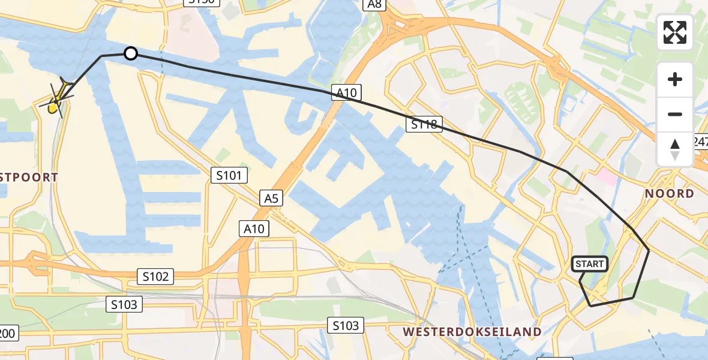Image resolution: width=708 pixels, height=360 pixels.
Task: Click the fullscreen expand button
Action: coord(675,32)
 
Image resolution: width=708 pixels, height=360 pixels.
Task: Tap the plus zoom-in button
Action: coord(675,79)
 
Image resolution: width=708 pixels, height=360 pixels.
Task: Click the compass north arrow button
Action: coord(675,149)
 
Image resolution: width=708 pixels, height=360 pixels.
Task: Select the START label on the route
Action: coord(590,264)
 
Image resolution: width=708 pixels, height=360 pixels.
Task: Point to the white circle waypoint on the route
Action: coord(131,54)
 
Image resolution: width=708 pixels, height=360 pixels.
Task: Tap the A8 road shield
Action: coord(374,4)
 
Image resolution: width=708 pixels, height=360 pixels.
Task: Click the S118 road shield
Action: coord(424,124)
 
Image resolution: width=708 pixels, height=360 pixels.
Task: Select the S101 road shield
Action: coord(229,175)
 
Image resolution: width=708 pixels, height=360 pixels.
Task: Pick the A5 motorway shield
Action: coord(271,197)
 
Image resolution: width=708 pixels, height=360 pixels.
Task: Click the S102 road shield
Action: coord(155,276)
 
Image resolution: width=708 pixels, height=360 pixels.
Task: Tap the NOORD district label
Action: coord(670,193)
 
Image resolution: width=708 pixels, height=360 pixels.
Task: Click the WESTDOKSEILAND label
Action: coord(472,331)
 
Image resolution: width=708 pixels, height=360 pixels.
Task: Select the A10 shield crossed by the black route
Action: coord(346,92)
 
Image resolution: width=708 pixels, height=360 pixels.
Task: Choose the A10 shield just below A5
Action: coord(254,228)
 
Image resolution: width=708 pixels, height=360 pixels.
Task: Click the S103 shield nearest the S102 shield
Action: coord(124,304)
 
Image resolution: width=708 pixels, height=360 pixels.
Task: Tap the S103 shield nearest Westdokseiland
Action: coord(346,325)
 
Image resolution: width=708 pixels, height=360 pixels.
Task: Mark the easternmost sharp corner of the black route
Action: coord(649,250)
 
